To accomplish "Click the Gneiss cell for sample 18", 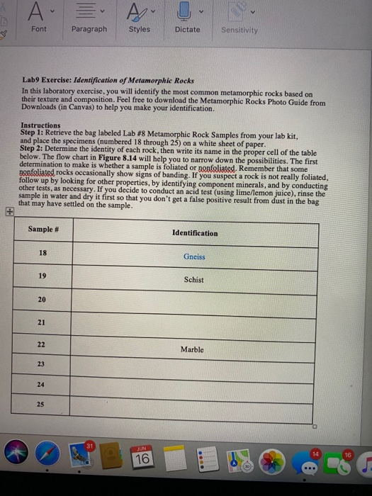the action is pos(193,258).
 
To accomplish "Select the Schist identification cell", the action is pos(193,280).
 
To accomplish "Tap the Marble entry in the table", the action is pos(192,349).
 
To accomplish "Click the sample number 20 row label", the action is pos(42,300).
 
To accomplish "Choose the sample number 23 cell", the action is pos(42,365).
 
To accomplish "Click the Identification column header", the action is pos(194,233).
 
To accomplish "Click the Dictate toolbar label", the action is pos(188,30).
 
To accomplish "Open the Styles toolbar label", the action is pos(140,30).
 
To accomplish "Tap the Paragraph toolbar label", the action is pos(89,29).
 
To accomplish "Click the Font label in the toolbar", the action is pos(39,29).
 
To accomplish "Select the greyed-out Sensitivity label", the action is pos(239,30).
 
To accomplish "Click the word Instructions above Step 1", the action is pos(40,125).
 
